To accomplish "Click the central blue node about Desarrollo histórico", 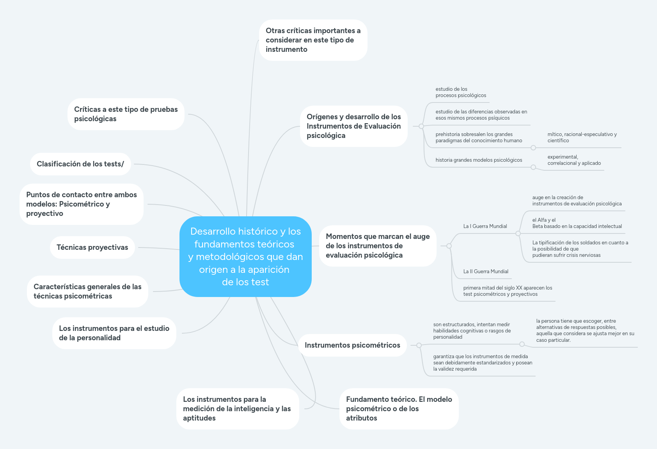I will [245, 256].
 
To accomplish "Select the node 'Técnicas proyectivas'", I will [92, 247].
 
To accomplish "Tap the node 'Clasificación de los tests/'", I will [80, 164].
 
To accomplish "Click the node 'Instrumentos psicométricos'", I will [352, 345].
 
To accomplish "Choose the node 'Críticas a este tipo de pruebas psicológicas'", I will [126, 114].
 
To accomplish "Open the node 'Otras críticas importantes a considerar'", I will [313, 40].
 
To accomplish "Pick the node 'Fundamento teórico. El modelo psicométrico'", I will [399, 409].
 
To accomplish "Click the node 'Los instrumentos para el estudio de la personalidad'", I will [114, 333].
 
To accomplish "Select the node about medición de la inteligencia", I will [237, 409].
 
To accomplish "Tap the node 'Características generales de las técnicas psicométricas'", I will [87, 292].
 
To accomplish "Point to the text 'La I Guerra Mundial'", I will [485, 226].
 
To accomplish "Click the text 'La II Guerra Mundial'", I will [486, 272].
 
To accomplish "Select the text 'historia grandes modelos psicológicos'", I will [479, 160].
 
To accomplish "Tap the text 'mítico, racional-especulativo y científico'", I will [582, 138].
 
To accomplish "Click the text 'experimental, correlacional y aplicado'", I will [574, 160].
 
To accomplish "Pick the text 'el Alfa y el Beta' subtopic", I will [577, 223].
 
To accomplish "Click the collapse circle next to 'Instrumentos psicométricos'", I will [419, 345].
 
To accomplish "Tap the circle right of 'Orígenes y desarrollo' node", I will [421, 126].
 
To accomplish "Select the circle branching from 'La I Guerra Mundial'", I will [518, 233].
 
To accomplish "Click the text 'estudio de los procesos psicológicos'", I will [461, 92].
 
